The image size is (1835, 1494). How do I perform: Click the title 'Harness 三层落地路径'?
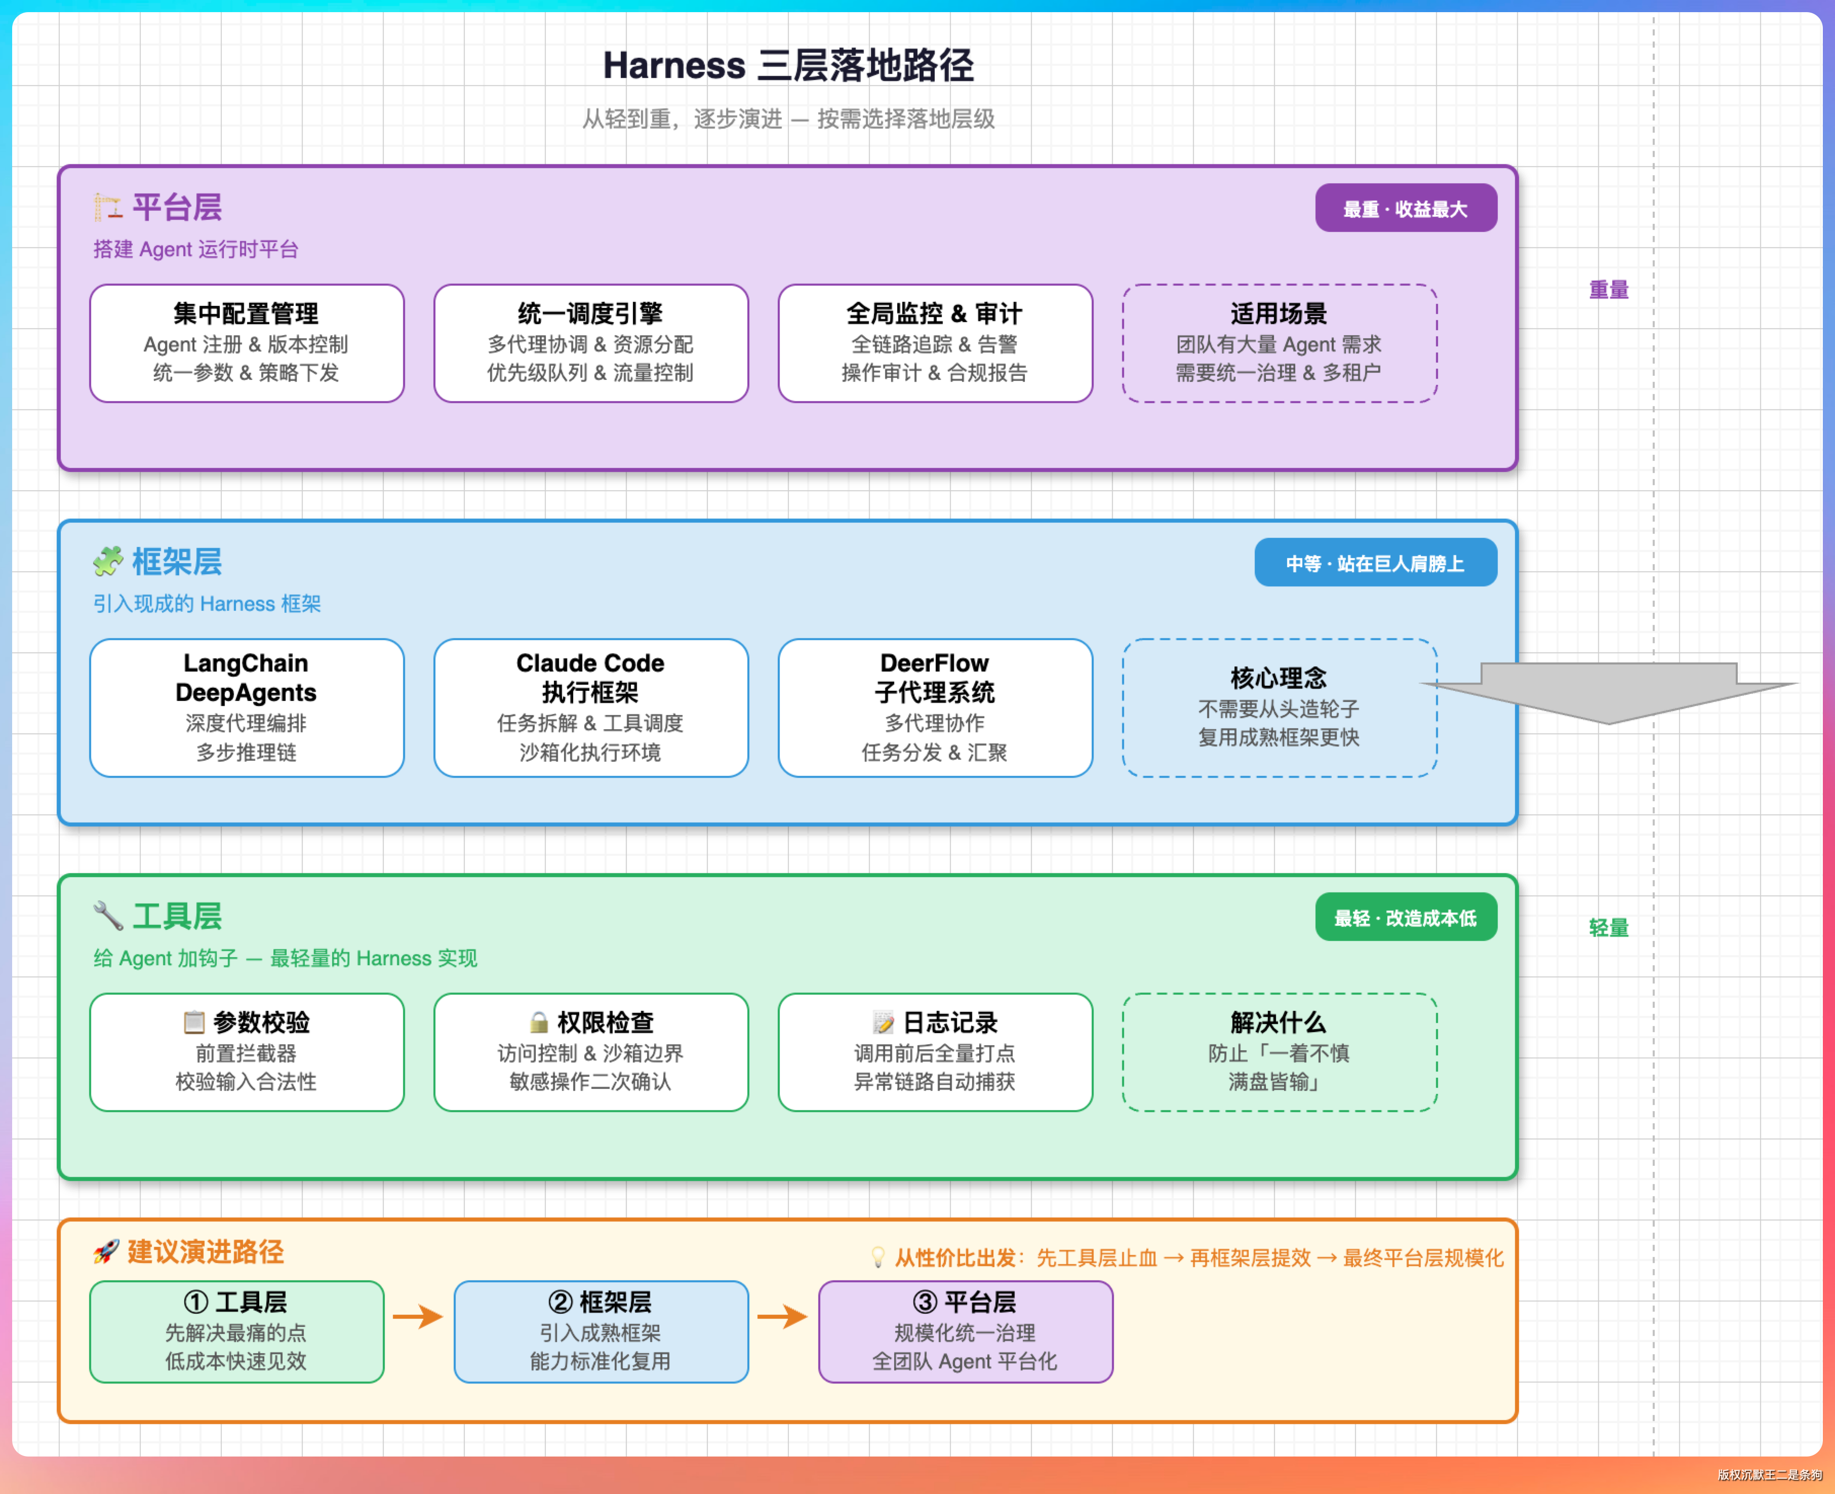pyautogui.click(x=788, y=65)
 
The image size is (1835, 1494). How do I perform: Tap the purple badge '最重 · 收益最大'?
pyautogui.click(x=1406, y=208)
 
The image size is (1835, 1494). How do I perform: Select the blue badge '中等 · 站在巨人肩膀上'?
pyautogui.click(x=1376, y=563)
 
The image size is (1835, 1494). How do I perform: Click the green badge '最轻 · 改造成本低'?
pyautogui.click(x=1406, y=917)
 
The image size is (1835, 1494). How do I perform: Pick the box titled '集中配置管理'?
pyautogui.click(x=247, y=343)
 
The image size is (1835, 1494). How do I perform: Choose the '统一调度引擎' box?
pyautogui.click(x=591, y=343)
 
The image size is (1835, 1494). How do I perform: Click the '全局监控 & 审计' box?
pyautogui.click(x=935, y=343)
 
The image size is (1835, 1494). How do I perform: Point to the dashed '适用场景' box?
pyautogui.click(x=1279, y=343)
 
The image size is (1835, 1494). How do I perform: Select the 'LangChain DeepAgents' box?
pyautogui.click(x=247, y=707)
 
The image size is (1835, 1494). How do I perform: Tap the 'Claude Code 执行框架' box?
pyautogui.click(x=591, y=707)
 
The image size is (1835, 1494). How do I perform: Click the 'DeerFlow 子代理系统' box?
pyautogui.click(x=935, y=707)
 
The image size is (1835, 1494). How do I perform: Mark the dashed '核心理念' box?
pyautogui.click(x=1279, y=707)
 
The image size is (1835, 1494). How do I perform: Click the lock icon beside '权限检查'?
pyautogui.click(x=539, y=1023)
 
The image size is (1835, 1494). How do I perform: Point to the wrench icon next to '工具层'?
pyautogui.click(x=108, y=916)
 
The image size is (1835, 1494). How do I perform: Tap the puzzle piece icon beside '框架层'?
pyautogui.click(x=108, y=561)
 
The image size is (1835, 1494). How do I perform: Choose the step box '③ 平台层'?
pyautogui.click(x=965, y=1331)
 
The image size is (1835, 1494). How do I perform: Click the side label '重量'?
pyautogui.click(x=1609, y=290)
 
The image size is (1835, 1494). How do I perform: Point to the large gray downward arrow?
pyautogui.click(x=1609, y=693)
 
